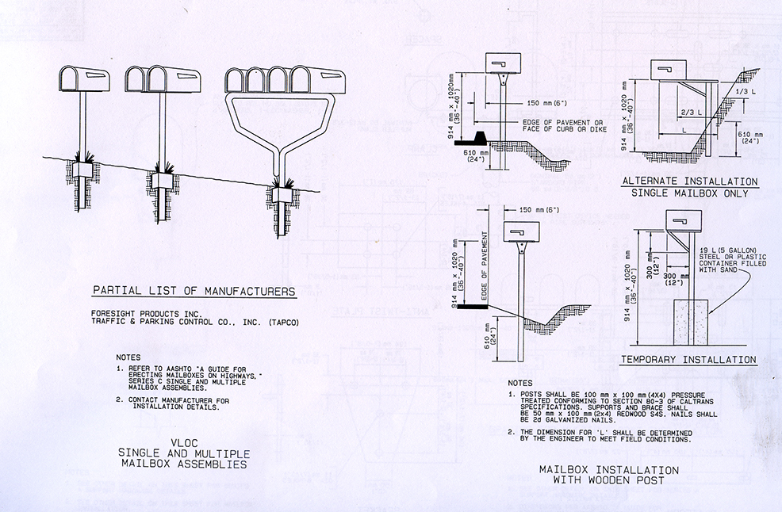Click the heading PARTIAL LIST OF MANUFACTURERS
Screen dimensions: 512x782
(194, 291)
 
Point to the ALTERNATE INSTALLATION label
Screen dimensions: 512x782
(689, 181)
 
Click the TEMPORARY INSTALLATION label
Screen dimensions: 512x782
(688, 360)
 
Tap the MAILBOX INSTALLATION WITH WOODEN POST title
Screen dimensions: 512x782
(608, 475)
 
